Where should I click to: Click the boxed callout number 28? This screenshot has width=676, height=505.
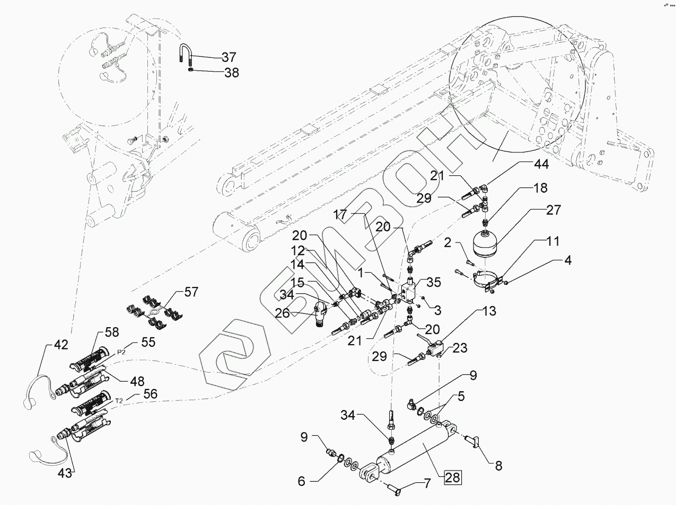453,477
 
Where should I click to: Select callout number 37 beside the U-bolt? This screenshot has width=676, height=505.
229,57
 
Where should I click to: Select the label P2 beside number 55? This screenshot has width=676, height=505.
121,350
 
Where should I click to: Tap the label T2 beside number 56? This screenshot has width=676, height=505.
120,401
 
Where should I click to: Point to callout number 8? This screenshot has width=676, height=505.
498,466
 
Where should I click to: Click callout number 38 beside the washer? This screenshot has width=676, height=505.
231,73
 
